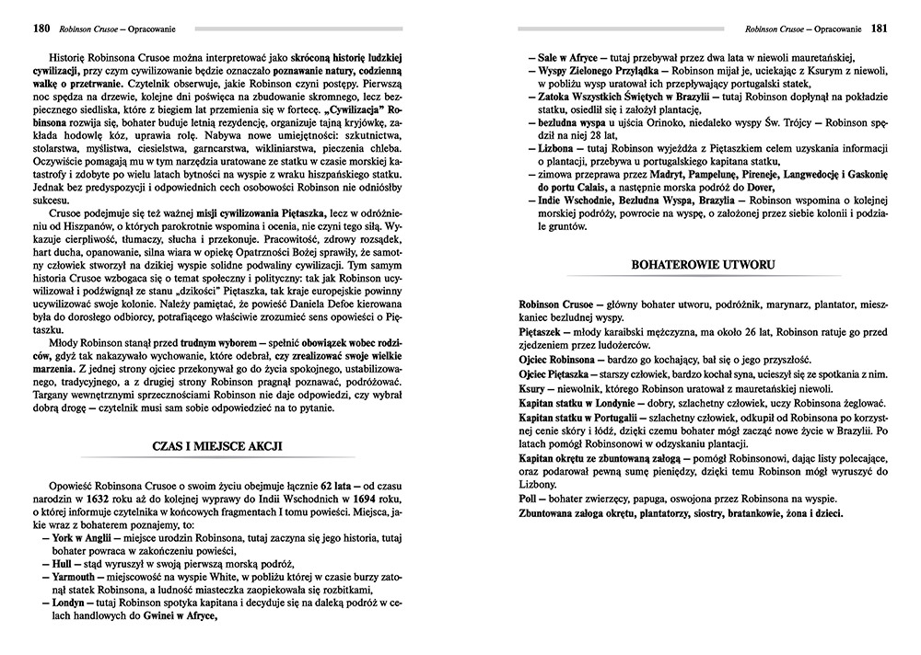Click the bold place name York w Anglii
[x=74, y=537]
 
